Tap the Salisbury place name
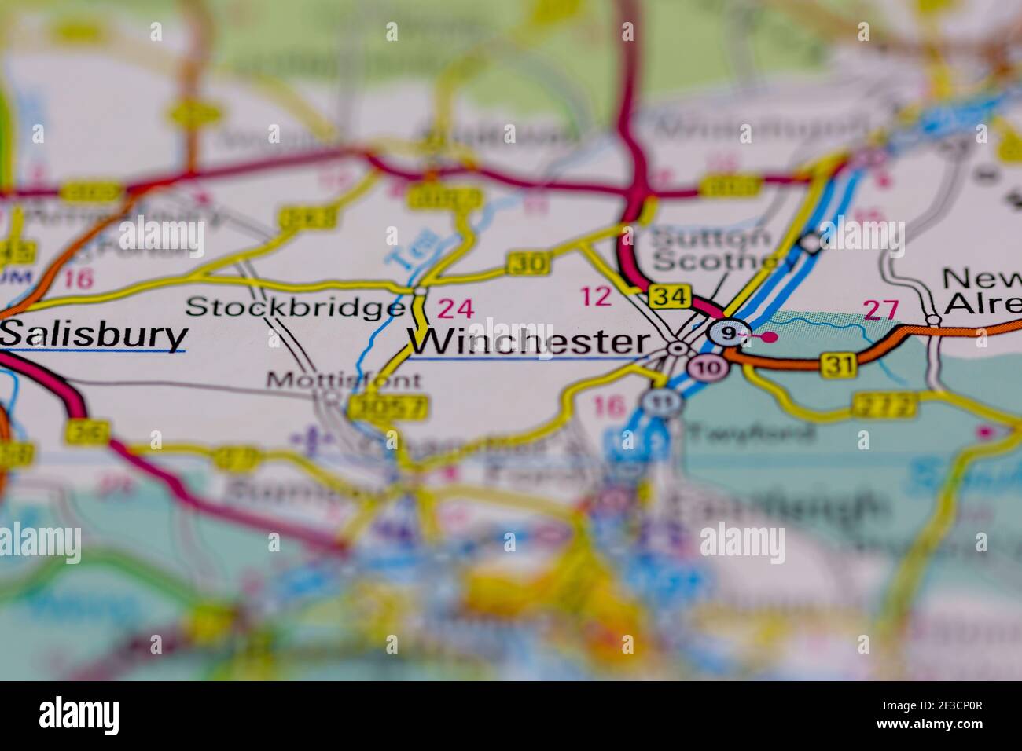coord(94,335)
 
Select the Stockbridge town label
coord(296,306)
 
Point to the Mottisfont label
coord(344,381)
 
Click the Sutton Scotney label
coord(711,248)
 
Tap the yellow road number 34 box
coord(671,297)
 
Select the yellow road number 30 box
coord(528,263)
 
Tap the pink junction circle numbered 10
coord(705,367)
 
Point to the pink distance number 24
coord(456,308)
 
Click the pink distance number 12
coord(595,296)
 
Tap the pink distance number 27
coord(880,310)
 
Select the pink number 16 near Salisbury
coord(79,279)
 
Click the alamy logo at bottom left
coord(79,716)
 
